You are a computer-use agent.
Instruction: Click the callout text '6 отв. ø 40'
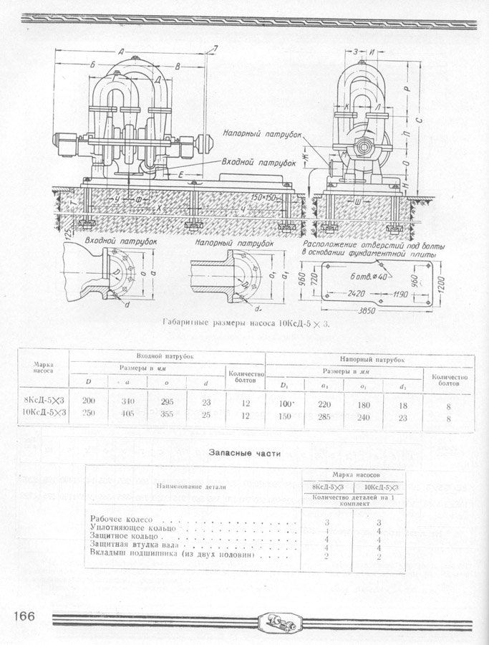coord(369,276)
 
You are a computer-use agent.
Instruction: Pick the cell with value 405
coord(110,414)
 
